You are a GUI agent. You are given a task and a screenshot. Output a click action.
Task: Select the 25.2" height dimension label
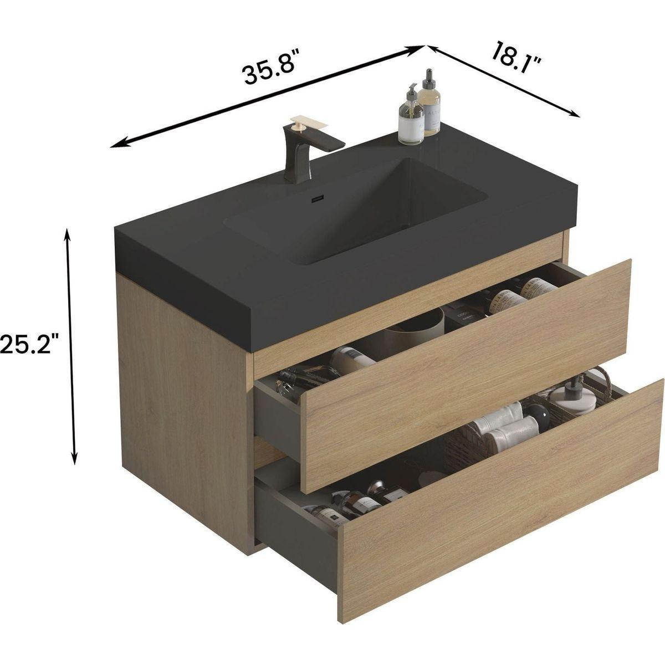pyautogui.click(x=29, y=345)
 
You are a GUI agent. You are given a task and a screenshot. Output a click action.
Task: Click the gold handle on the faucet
pyautogui.click(x=301, y=122)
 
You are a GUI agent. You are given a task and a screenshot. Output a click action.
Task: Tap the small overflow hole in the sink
pyautogui.click(x=318, y=198)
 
